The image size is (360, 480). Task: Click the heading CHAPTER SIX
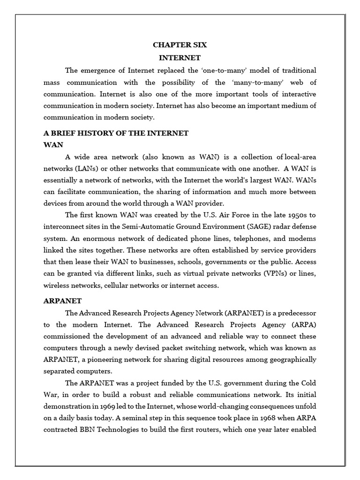[x=180, y=45]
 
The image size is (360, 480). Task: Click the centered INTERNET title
[x=180, y=58]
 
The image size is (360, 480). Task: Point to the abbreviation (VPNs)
[x=269, y=274]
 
